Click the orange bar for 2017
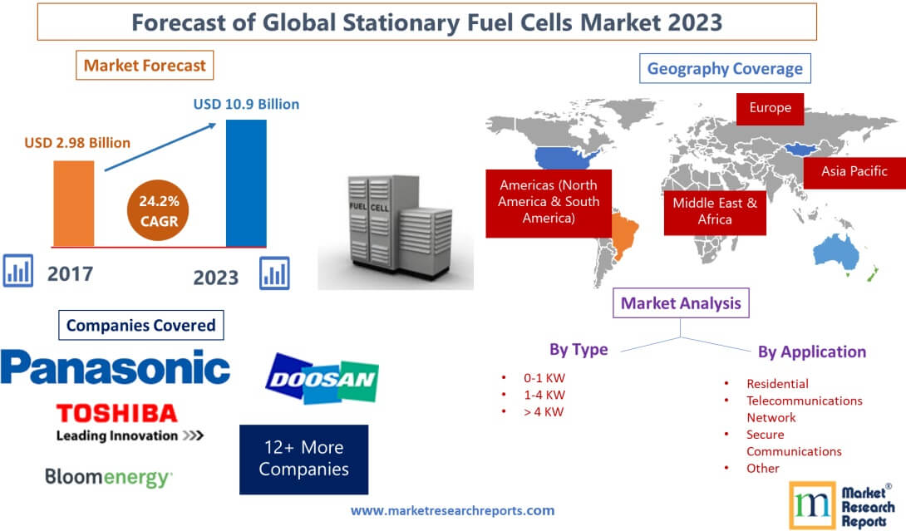click(74, 203)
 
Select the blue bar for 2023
click(247, 183)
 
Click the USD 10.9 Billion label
click(246, 105)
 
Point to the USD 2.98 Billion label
click(77, 143)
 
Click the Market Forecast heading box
click(145, 64)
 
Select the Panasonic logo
click(116, 366)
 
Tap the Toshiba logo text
click(117, 413)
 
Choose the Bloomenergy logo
click(109, 478)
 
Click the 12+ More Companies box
click(303, 459)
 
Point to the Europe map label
click(770, 108)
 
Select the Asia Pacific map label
click(854, 171)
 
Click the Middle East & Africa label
click(715, 211)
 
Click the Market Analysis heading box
click(681, 303)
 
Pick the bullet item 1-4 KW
click(544, 395)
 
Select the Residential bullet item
click(777, 384)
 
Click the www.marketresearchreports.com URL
click(452, 510)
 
